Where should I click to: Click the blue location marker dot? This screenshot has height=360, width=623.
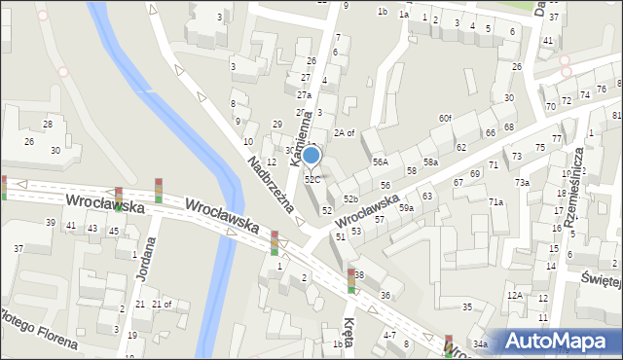coord(311,155)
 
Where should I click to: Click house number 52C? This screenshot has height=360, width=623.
coord(311,179)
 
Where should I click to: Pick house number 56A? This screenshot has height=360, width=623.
coord(380,162)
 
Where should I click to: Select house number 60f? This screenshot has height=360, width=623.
coord(444,118)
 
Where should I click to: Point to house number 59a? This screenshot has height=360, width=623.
coord(406,207)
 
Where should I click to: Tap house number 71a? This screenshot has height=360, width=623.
coord(496,201)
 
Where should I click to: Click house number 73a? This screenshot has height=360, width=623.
coord(522,182)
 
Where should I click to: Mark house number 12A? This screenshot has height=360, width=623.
coord(515,295)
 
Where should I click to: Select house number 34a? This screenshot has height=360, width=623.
coord(480,344)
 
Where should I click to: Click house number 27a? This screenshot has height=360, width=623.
coord(304,95)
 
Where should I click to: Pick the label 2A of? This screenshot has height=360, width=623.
coord(345,132)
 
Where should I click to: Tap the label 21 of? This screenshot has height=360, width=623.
coord(161,305)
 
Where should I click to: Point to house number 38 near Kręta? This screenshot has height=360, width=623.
coord(358,275)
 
